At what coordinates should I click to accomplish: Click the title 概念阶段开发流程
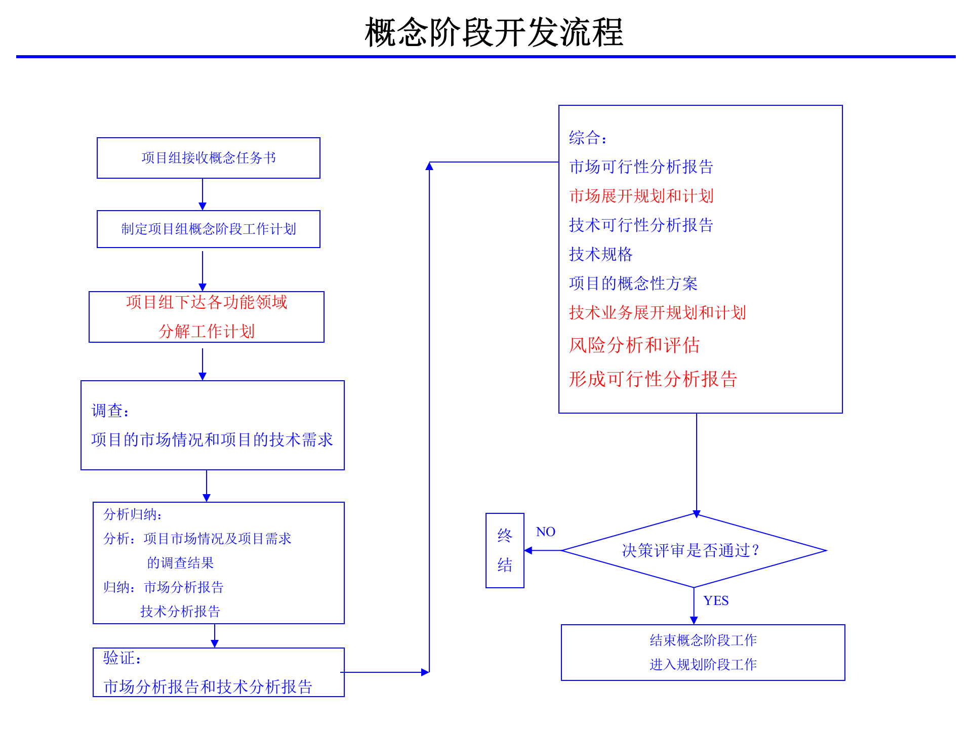click(x=494, y=33)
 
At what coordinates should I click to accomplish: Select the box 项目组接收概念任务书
click(x=208, y=158)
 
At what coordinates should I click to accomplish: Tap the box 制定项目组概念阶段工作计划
click(x=208, y=229)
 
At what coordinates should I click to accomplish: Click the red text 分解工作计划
click(x=207, y=332)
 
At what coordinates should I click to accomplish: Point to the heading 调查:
click(x=110, y=411)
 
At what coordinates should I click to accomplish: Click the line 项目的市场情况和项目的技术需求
click(x=212, y=439)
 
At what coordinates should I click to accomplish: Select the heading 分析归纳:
click(x=132, y=514)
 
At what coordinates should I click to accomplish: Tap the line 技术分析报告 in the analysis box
click(x=180, y=611)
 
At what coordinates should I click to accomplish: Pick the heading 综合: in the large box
click(x=587, y=138)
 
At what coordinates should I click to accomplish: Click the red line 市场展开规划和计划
click(x=641, y=196)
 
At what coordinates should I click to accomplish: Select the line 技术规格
click(x=600, y=254)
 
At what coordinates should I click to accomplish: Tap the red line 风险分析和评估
click(x=634, y=345)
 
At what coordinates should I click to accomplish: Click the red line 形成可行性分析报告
click(x=653, y=379)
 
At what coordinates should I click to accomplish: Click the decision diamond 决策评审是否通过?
click(x=694, y=550)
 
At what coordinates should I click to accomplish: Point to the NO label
click(x=545, y=532)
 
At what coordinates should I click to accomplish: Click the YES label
click(x=715, y=600)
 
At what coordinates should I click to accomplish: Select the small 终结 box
click(x=505, y=550)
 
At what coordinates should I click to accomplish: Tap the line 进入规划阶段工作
click(x=703, y=664)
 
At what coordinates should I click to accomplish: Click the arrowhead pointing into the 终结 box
click(x=528, y=550)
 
